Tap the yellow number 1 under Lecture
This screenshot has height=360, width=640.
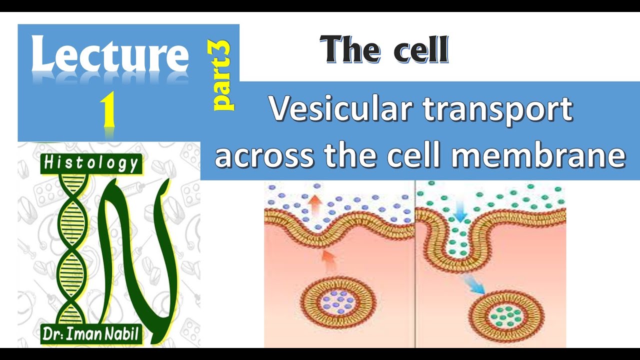coord(108,110)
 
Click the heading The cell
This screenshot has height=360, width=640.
coord(384,50)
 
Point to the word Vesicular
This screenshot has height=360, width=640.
coord(342,110)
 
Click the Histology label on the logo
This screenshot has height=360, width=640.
coord(91,163)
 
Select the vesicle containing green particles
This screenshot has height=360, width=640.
coord(508,315)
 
